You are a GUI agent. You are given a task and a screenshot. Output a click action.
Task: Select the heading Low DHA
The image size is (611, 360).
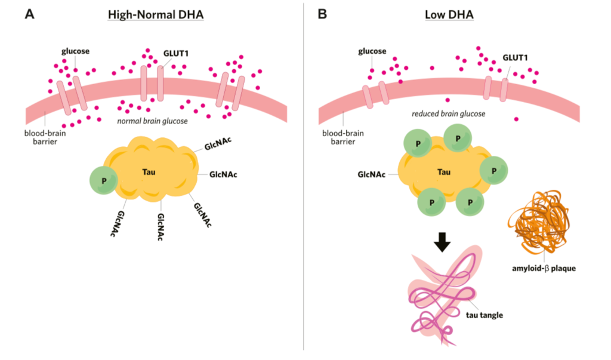point(453,14)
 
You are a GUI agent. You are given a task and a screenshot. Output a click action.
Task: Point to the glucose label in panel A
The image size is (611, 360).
point(75,51)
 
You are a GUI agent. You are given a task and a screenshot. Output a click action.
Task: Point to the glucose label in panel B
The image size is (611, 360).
point(373,51)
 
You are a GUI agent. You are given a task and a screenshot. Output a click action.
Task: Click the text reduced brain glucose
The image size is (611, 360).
point(448,113)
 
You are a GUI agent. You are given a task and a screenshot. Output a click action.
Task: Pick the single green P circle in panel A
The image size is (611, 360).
point(104,181)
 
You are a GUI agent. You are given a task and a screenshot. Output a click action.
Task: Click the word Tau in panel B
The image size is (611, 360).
point(444,172)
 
